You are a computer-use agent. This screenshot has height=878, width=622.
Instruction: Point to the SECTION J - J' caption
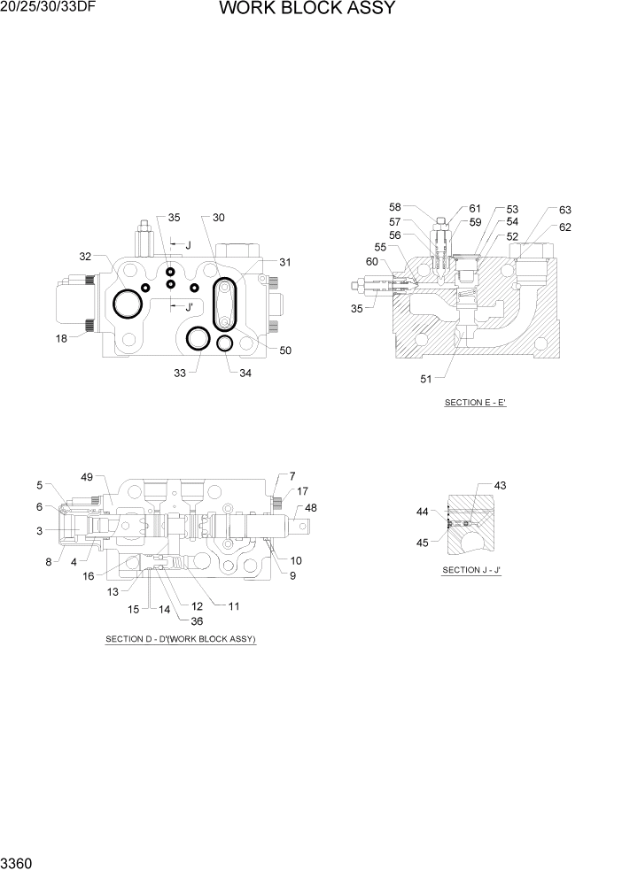pos(472,570)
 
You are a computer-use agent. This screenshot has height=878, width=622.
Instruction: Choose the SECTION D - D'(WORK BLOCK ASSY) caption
pos(181,639)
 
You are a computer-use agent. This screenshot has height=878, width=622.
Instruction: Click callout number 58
pos(395,206)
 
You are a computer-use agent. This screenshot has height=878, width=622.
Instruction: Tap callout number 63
pos(564,210)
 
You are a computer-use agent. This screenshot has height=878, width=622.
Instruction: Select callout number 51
pos(427,380)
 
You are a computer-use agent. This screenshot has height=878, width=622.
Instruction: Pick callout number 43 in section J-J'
pos(500,485)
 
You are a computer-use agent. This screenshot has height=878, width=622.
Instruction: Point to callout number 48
pos(310,508)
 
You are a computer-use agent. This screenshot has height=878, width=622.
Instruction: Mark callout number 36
pos(184,620)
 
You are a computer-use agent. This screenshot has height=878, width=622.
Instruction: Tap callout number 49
pos(87,477)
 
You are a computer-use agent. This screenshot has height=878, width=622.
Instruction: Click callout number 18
pos(60,339)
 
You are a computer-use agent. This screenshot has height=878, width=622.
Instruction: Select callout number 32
pos(85,257)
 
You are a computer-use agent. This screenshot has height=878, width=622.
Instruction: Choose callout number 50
pos(285,350)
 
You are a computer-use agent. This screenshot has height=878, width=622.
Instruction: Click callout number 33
pos(180,374)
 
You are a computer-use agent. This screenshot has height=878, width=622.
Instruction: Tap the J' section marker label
pos(188,307)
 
